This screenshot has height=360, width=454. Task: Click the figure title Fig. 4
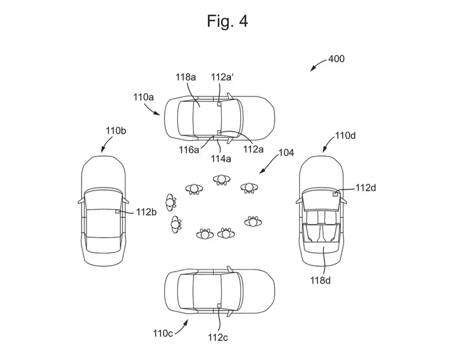coord(227,21)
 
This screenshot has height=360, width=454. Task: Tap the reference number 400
coord(336,59)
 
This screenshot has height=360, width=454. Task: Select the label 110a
coord(143,97)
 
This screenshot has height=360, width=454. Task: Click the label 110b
coord(116,131)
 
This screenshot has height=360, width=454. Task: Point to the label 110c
coord(163,333)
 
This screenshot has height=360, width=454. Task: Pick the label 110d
coord(345,136)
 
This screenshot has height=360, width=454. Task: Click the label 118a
coord(186,77)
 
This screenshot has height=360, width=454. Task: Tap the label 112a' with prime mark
coord(222,77)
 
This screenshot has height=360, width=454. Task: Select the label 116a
coord(189,149)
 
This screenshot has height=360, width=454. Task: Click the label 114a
coord(221,159)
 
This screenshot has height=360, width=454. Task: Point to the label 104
coord(286,153)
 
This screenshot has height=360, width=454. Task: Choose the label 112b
coord(146,212)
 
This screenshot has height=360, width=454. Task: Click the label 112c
coord(218,337)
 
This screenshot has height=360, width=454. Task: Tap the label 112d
coord(366,188)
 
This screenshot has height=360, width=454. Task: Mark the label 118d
coord(320,280)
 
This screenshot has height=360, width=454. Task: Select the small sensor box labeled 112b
coord(118,211)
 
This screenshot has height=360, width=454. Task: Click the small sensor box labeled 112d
coord(335,194)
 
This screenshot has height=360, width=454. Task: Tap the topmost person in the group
coord(222,180)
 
